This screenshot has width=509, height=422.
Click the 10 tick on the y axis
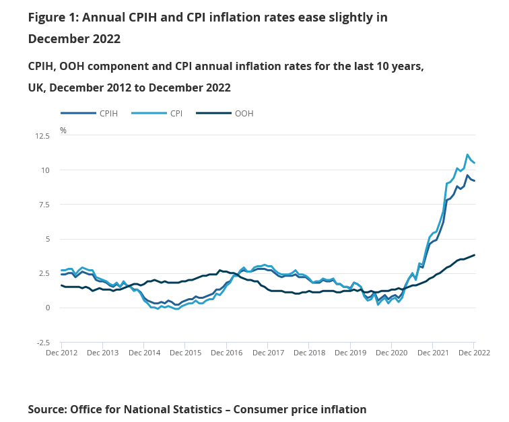coord(45,170)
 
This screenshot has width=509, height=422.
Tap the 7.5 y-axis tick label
coord(44,205)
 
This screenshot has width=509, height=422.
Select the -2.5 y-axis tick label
coord(42,343)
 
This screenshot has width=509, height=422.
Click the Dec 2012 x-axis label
coord(61,353)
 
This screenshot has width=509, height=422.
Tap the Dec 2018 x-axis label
coord(308,353)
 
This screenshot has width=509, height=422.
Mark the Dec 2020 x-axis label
coord(391,353)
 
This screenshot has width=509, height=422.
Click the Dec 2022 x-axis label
coord(474,353)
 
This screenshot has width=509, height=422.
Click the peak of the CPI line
coord(467,155)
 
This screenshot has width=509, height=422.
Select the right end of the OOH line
coord(475,255)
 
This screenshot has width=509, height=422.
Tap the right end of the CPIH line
coord(475,180)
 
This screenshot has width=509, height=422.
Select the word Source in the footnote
coord(48,409)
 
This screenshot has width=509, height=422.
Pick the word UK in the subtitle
coord(36,87)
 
